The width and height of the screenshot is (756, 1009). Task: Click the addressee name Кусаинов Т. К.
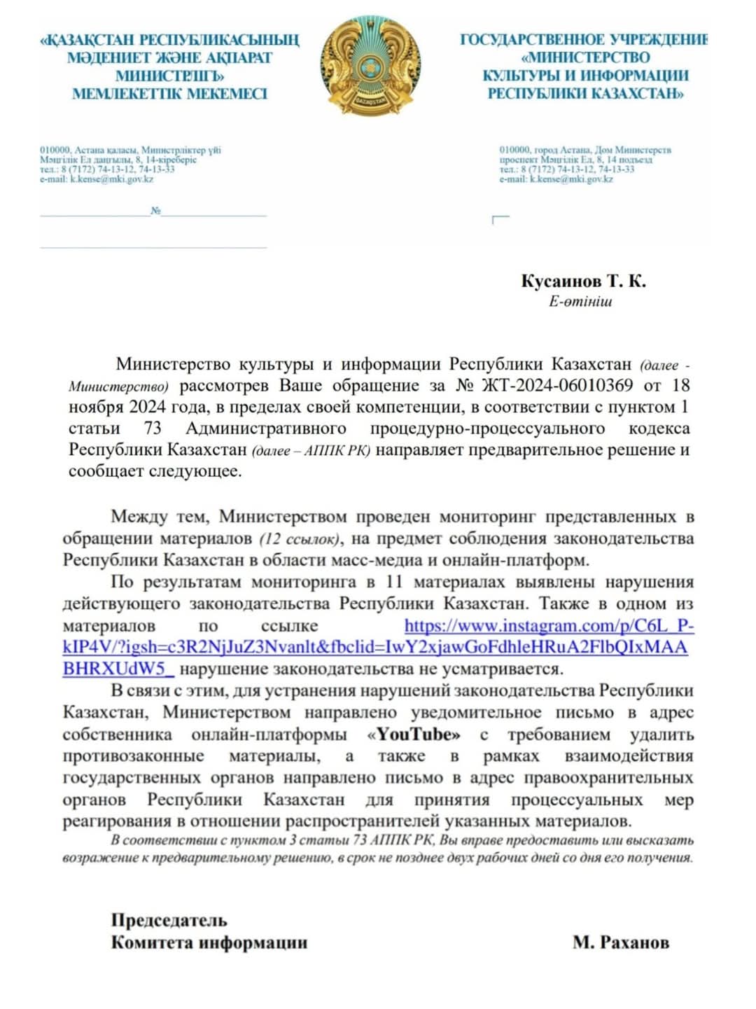[x=583, y=281]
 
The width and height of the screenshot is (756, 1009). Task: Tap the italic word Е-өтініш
[x=580, y=302]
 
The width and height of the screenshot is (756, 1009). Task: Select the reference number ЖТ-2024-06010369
[x=557, y=385]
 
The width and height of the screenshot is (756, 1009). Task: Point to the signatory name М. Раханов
[x=620, y=942]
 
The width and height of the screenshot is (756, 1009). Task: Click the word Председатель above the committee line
[x=169, y=920]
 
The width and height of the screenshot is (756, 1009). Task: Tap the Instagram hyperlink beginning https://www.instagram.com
[x=549, y=626]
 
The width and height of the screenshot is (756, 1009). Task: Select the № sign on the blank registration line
[x=155, y=211]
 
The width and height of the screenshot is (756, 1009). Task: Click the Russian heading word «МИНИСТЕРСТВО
[x=586, y=57]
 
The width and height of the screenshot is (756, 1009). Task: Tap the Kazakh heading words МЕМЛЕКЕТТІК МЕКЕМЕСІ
[x=169, y=94]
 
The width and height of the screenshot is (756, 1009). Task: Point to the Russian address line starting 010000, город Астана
[x=584, y=150]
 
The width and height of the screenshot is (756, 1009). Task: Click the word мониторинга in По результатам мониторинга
[x=304, y=583]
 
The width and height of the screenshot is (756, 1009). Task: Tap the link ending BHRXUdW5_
[x=118, y=669]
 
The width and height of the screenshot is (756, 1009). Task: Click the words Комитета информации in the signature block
[x=209, y=942]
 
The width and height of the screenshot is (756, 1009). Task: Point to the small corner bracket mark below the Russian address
[x=500, y=220]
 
